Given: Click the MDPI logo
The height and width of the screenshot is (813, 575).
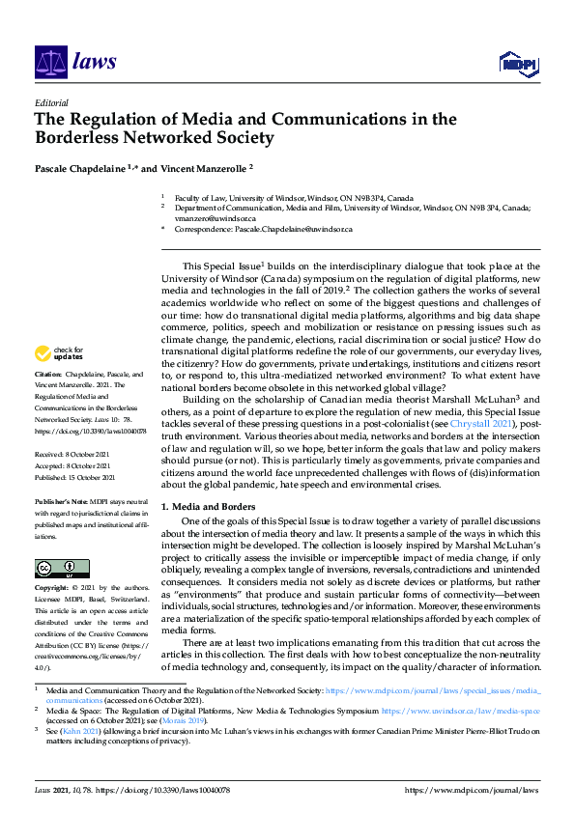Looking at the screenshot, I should pos(520,64).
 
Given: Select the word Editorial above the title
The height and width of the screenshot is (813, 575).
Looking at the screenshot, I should pos(51,102).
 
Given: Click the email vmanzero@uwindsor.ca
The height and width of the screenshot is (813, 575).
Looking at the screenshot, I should pos(207,218).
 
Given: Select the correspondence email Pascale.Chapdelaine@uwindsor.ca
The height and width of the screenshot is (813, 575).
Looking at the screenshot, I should pos(296,230).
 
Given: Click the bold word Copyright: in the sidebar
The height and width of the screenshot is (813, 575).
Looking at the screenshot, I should pos(52,588).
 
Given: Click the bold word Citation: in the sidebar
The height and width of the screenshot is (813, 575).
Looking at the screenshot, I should pos(48,372).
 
